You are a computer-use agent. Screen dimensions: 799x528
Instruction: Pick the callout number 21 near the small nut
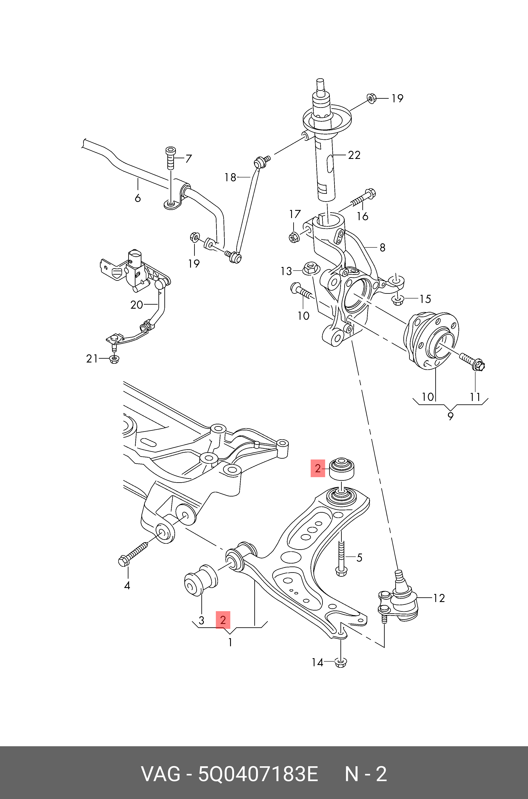coord(92,359)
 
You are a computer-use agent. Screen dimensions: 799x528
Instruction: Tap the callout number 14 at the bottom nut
coord(317,663)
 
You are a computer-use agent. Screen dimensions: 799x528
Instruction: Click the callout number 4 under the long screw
coord(127,585)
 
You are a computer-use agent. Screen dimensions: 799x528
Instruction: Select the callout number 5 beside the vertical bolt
coord(359,558)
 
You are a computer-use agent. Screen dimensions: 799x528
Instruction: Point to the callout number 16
coord(362,216)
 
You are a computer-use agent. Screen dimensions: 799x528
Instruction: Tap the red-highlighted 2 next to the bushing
coord(317,468)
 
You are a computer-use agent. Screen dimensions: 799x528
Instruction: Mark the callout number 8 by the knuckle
coord(382,248)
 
